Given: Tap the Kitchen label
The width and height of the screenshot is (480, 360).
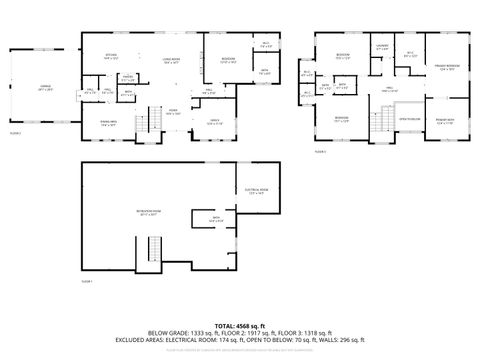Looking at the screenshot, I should point(112,56).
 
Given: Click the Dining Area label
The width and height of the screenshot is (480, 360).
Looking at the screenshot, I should point(107,123).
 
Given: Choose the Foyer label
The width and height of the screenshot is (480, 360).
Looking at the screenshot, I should point(173,113).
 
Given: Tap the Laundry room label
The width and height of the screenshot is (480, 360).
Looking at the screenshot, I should point(381,47).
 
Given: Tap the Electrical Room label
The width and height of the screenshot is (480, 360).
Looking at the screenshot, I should point(254,191).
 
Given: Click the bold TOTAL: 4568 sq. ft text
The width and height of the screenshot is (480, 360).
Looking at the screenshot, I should point(239,325).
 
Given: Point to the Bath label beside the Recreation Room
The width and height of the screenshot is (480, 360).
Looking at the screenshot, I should point(216,217).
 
